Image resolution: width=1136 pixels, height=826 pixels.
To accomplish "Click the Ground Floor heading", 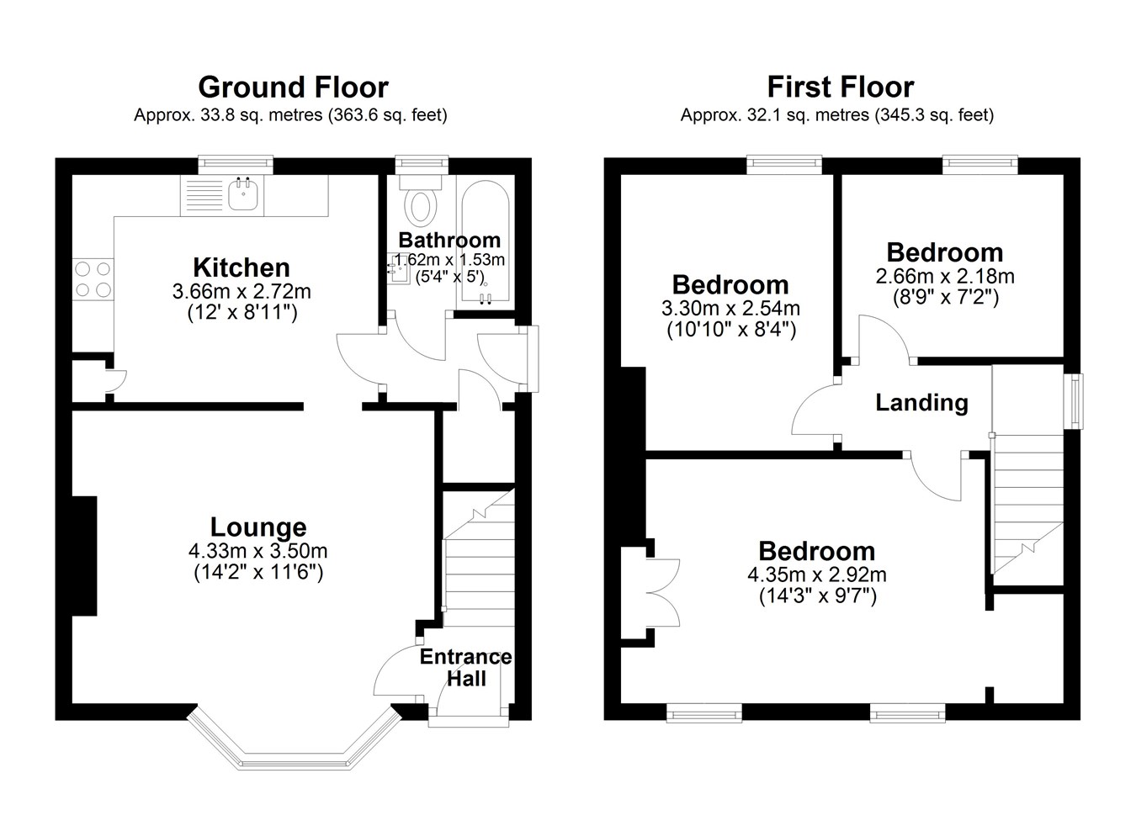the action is [293, 87].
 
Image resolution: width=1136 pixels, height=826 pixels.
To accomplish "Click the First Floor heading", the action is [841, 87].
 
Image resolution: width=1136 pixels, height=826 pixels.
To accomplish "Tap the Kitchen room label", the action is [242, 267].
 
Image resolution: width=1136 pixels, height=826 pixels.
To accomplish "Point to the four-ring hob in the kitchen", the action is [93, 279].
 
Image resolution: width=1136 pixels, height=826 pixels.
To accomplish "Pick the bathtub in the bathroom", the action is [485, 243].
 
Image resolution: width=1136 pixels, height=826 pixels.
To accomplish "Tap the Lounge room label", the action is [258, 527].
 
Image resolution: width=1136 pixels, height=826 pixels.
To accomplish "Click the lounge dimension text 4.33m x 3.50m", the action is [257, 551].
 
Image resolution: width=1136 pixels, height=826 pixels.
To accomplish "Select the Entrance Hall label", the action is [465, 668].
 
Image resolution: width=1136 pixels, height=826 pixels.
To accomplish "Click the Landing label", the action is [921, 403].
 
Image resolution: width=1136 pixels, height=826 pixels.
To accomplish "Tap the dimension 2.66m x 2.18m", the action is [945, 277].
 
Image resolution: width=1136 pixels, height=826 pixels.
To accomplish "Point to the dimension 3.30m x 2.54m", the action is [730, 309].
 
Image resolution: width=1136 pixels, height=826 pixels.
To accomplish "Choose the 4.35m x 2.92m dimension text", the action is [817, 575].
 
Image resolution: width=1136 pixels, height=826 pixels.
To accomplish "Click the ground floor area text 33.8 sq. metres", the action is [262, 115].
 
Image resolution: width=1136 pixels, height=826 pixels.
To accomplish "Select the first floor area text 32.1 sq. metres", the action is [808, 115].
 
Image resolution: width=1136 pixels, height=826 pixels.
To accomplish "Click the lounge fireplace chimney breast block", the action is [84, 556].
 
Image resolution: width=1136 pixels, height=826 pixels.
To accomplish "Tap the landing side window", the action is [1073, 401].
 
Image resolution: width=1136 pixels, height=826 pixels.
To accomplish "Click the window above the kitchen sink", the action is [236, 165].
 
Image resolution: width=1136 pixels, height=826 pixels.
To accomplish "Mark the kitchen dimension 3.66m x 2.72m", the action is [242, 292].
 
